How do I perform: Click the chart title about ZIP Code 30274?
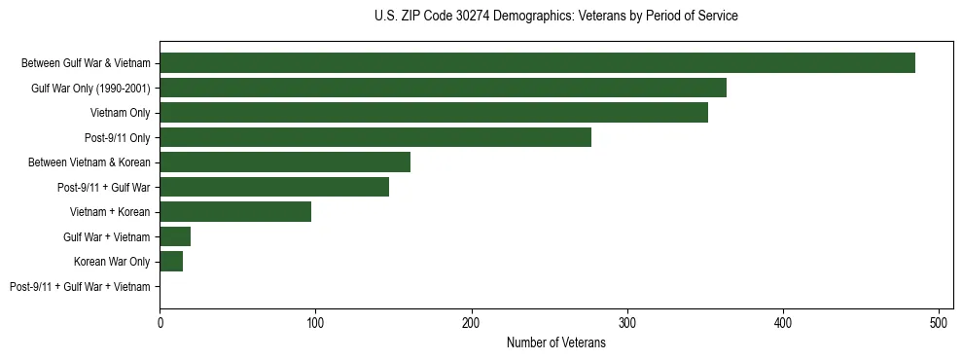pos(555,17)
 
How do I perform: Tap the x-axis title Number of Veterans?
pos(555,343)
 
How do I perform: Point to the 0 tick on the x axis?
pos(160,322)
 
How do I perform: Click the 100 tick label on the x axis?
pos(315,322)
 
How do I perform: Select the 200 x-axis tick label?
pos(472,322)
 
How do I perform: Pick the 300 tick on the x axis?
pos(627,322)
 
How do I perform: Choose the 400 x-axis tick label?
pos(783,322)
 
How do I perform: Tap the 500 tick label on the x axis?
pos(939,322)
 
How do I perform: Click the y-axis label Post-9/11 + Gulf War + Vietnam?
pos(80,287)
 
